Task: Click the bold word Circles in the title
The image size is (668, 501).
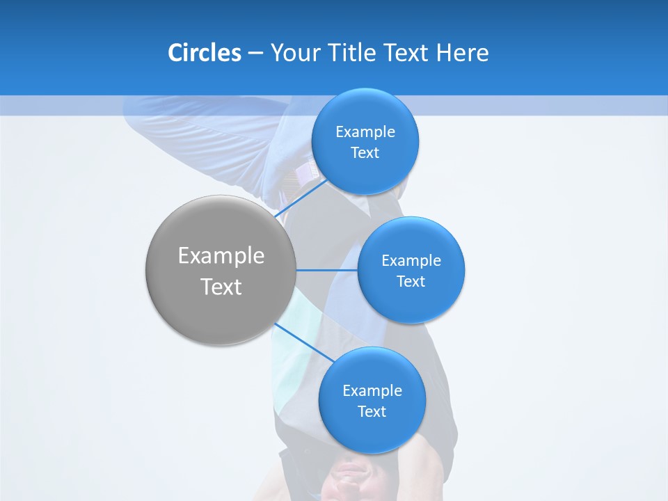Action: (x=204, y=53)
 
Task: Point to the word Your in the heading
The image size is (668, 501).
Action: (x=294, y=53)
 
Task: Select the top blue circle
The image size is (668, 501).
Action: (x=365, y=111)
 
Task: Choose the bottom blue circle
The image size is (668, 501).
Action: (x=372, y=431)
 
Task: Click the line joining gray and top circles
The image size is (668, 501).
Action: (x=301, y=198)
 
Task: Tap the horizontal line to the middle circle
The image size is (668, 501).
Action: (x=326, y=270)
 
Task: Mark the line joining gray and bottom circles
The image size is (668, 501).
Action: (x=305, y=342)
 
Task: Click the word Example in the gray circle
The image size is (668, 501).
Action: (x=221, y=256)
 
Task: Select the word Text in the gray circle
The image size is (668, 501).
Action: (x=221, y=287)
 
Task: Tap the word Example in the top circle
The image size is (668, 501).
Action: (x=365, y=132)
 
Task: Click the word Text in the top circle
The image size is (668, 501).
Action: (x=365, y=153)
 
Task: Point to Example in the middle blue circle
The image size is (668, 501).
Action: (x=411, y=261)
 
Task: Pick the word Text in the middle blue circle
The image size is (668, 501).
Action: (x=411, y=282)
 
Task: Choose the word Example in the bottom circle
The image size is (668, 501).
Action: (x=372, y=391)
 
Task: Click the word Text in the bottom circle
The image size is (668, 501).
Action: (x=372, y=412)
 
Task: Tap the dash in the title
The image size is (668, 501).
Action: (x=255, y=53)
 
